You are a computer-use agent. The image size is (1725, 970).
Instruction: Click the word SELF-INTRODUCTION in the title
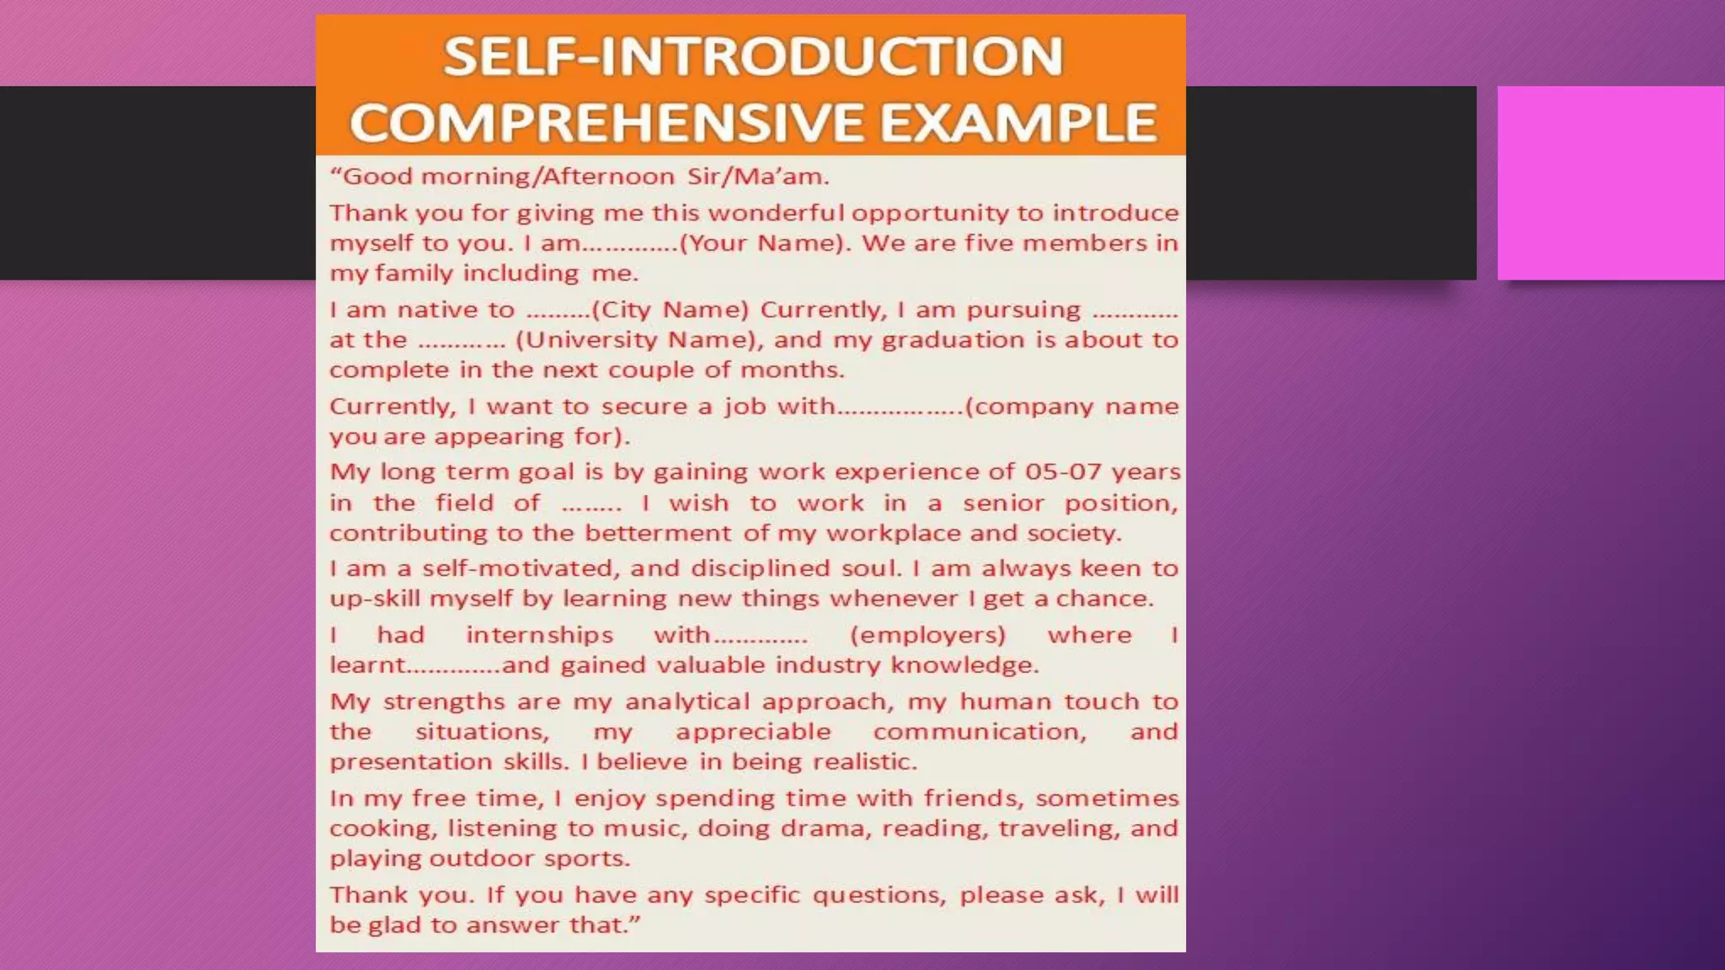(753, 57)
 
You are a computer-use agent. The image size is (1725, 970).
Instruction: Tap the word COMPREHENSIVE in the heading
(607, 123)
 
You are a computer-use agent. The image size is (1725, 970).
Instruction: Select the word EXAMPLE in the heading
(1018, 123)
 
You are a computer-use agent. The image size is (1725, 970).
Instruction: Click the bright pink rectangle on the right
(1610, 183)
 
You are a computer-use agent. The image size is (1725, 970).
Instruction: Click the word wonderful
(776, 213)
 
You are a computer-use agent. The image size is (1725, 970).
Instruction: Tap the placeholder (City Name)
(670, 310)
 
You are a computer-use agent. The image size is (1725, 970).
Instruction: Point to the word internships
(540, 635)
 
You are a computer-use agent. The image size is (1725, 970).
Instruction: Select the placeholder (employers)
(928, 635)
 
